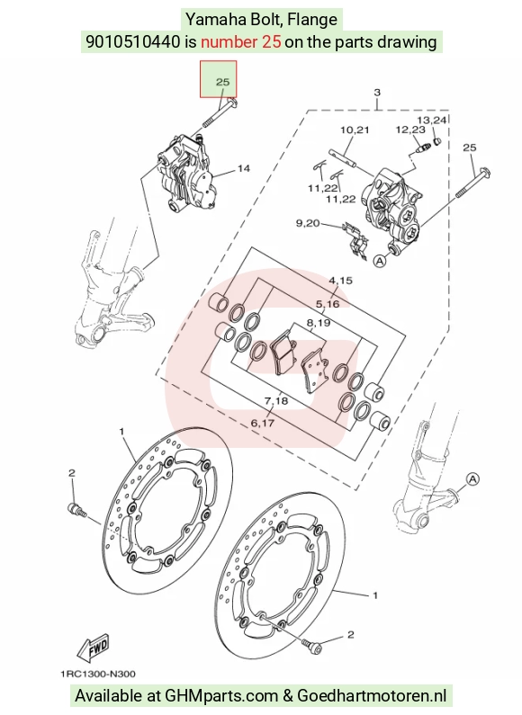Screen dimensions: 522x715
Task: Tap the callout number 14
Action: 244,168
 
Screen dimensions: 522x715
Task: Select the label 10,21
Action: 355,130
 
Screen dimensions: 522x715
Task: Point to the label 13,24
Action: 432,120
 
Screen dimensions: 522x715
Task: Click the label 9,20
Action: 308,223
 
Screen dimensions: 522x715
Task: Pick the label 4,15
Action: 340,281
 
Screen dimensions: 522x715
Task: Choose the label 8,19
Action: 318,323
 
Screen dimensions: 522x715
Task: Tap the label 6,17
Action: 263,423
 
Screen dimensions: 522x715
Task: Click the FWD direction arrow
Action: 93,648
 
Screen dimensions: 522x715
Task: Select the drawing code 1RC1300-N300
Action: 98,674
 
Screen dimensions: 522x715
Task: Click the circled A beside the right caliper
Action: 380,261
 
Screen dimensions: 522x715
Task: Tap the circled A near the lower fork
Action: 473,479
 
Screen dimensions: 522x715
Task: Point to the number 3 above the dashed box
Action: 377,93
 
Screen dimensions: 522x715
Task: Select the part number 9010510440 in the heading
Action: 133,42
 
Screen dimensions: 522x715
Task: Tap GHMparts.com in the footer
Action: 221,696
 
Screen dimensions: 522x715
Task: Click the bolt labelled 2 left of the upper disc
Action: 76,509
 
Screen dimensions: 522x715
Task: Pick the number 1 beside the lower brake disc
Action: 375,595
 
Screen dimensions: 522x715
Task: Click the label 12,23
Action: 410,130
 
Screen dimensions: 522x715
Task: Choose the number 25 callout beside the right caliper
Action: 470,147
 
